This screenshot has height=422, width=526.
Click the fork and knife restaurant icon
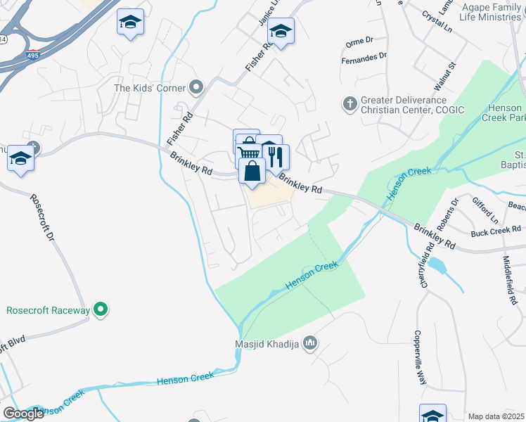(276, 156)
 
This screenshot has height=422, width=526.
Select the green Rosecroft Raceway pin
(101, 309)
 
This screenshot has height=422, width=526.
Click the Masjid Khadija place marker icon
(310, 344)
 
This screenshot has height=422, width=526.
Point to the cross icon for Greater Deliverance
(349, 104)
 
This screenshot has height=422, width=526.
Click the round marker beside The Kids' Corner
(196, 88)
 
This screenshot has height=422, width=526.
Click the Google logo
(24, 414)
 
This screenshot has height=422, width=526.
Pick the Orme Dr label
(359, 42)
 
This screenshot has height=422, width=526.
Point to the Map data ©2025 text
(496, 416)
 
